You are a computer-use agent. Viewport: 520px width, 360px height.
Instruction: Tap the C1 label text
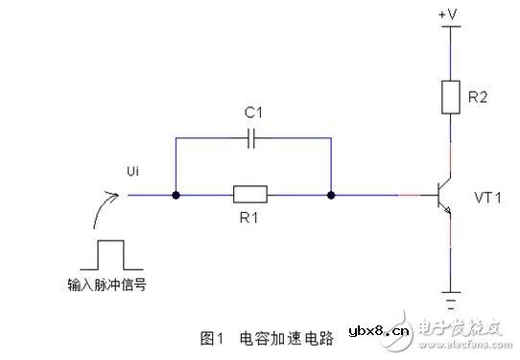253,112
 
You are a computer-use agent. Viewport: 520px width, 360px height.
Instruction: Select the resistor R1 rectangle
252,197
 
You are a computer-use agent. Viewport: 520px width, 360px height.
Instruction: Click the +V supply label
448,15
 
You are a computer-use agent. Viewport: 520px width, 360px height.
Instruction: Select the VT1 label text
488,197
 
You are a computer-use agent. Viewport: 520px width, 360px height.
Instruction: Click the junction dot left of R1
176,197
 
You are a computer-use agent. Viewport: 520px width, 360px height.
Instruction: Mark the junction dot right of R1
330,197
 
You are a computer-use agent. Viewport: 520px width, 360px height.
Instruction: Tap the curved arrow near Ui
106,206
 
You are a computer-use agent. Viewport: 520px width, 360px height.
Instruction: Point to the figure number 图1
212,338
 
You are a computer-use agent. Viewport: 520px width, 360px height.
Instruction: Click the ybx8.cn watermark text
379,330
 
